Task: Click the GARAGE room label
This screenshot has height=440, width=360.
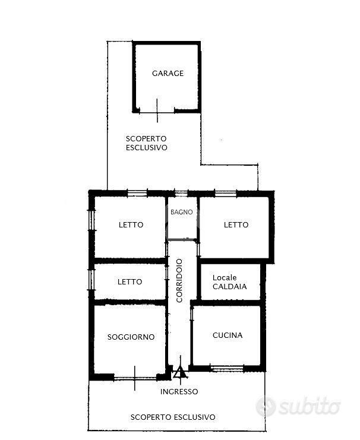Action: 168,74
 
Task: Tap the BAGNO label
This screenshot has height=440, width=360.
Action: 182,212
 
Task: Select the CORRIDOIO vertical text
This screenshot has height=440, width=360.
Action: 179,281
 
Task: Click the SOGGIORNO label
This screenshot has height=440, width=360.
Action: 131,337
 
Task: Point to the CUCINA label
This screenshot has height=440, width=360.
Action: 228,335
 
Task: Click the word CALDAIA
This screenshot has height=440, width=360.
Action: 230,287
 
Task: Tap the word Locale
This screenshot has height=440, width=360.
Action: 225,277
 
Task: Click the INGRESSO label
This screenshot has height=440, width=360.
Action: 179,392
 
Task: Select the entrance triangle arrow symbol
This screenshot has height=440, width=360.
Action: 180,372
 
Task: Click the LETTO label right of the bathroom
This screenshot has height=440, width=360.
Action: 236,225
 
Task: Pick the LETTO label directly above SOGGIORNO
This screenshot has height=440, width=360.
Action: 130,281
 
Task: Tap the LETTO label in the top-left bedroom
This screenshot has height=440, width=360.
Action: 131,225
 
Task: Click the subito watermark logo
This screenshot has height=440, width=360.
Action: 298,406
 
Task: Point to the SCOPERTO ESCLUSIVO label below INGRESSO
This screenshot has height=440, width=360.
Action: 173,417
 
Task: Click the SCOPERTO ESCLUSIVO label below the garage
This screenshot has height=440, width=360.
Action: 146,143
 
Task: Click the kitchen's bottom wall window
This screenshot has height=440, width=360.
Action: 227,368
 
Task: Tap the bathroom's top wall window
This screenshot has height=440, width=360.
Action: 181,193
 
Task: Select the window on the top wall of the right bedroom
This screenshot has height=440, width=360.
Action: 226,193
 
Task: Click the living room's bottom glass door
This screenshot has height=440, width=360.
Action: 135,378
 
